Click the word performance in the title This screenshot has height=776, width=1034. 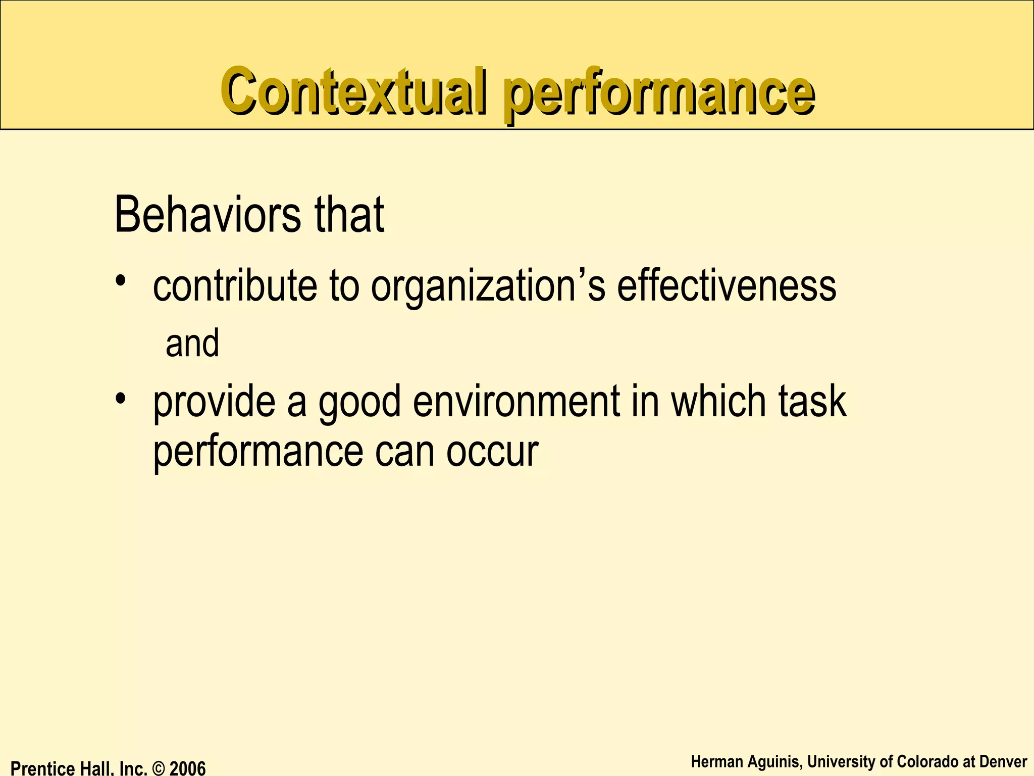658,94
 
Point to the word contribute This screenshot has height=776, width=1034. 235,286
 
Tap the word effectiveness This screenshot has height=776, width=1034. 727,286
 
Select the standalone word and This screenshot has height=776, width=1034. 192,343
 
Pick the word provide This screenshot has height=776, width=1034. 215,402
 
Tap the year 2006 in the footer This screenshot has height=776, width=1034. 187,768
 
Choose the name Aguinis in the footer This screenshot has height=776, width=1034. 771,761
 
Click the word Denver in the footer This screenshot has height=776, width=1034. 1003,761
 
